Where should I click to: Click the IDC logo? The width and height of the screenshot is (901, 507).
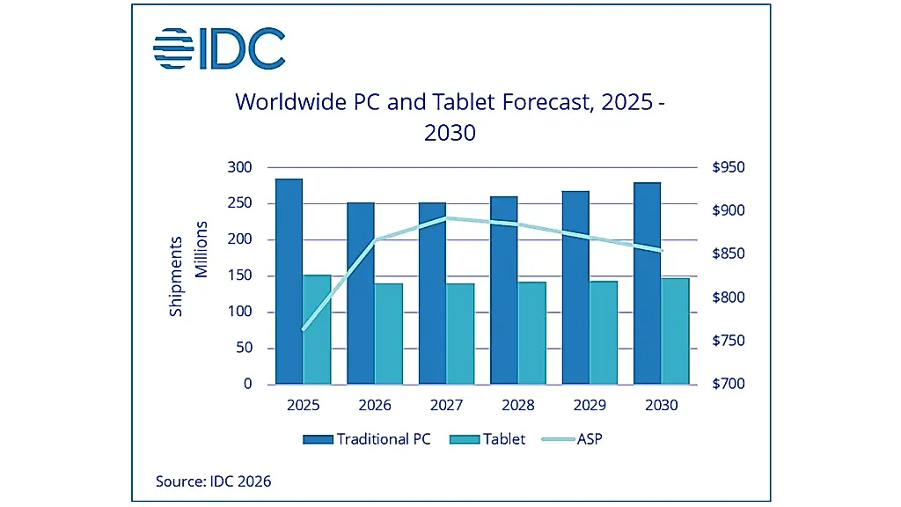click(x=219, y=48)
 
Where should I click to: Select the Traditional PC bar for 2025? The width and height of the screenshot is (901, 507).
click(x=289, y=281)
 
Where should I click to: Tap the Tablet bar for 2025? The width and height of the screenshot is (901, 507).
click(x=317, y=329)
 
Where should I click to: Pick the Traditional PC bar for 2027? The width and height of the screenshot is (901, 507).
click(x=432, y=293)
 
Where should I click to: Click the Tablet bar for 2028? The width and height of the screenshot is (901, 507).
click(x=532, y=333)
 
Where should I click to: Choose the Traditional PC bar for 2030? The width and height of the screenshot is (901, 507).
click(x=647, y=283)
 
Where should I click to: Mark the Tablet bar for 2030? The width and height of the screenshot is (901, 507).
click(x=675, y=331)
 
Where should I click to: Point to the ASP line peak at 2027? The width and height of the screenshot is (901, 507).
click(x=446, y=218)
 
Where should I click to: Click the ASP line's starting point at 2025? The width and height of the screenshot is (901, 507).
click(x=304, y=329)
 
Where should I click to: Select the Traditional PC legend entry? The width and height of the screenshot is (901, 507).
click(x=367, y=439)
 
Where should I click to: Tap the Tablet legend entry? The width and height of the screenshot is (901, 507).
click(x=487, y=439)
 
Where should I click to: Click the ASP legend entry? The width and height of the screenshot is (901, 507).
click(x=572, y=439)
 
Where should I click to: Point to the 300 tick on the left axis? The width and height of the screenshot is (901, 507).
click(x=239, y=167)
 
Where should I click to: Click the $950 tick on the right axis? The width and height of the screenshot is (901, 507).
click(x=728, y=167)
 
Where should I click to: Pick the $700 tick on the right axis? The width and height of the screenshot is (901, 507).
click(x=728, y=384)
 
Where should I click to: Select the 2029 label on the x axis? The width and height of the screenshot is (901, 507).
click(x=590, y=405)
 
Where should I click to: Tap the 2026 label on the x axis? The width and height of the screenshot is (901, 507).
click(x=375, y=405)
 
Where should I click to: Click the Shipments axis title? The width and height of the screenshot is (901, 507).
click(x=175, y=276)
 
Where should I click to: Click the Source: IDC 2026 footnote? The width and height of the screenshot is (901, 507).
click(x=213, y=481)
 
